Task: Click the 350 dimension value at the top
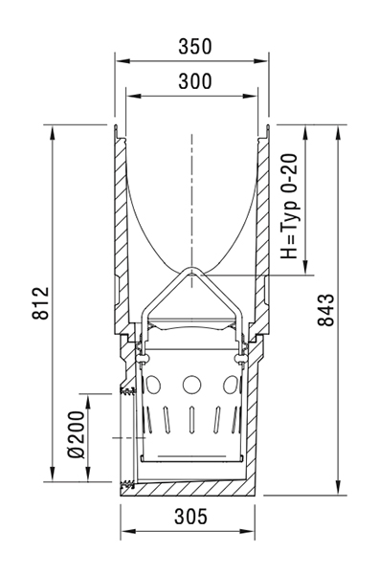pos(195,47)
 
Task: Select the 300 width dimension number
pos(195,81)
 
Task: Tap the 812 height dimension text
pos(40,302)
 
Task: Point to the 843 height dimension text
pos(325,310)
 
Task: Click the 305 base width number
pos(190,517)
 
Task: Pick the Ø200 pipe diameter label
pos(77,434)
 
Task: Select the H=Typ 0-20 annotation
pos(290,206)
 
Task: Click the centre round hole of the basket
pos(191,385)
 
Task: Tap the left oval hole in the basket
pos(153,385)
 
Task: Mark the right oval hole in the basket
pos(231,385)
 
